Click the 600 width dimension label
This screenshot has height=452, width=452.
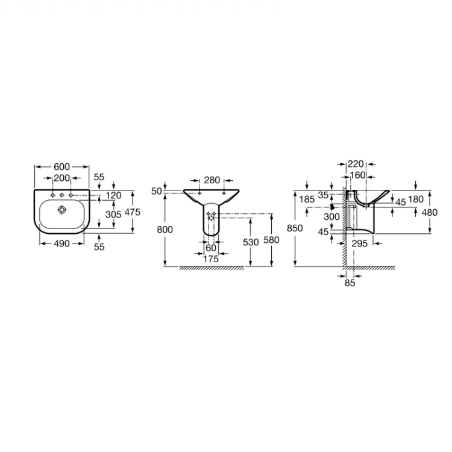(61, 166)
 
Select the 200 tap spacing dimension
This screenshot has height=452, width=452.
(61, 178)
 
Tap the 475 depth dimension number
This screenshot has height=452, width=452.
(133, 212)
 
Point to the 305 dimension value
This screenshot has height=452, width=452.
(113, 214)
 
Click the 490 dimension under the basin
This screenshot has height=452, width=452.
(61, 243)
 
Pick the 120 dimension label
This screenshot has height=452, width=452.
(113, 195)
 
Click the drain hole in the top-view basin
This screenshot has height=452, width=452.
(62, 210)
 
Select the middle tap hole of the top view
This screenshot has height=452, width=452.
(61, 195)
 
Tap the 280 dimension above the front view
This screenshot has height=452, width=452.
(212, 180)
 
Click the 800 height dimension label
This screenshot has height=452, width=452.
(165, 230)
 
